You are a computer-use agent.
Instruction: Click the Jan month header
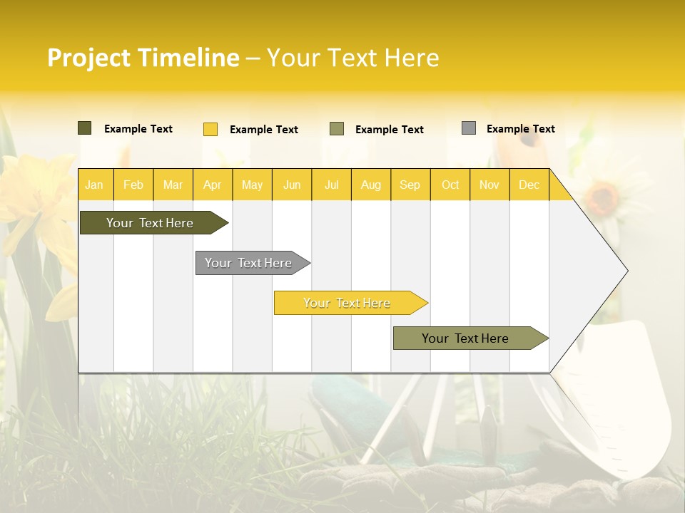pos(95,185)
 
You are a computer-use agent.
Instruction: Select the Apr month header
pos(213,185)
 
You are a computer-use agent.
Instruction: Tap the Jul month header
pos(331,185)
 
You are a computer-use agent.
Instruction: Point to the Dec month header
pos(529,185)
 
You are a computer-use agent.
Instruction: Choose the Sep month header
pos(410,185)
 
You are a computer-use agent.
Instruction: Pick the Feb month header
pos(133,185)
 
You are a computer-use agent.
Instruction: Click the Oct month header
pos(450,185)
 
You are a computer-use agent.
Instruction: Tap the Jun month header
pos(292,185)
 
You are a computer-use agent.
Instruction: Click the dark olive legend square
pos(84,128)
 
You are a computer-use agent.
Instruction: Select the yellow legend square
pos(210,129)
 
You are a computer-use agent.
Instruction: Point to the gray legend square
pos(468,128)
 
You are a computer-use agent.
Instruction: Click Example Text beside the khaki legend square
pos(389,130)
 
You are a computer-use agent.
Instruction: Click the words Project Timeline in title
pos(143,58)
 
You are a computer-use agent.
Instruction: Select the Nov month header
pos(489,185)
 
